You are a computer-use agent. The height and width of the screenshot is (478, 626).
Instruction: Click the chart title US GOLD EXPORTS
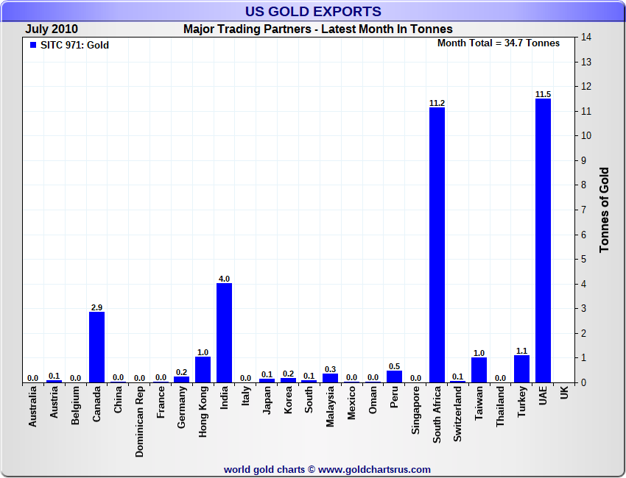click(313, 11)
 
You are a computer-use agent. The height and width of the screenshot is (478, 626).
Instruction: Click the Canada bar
click(96, 346)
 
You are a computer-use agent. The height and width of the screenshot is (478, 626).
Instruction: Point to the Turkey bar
click(521, 368)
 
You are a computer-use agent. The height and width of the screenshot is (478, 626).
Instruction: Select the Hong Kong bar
click(203, 369)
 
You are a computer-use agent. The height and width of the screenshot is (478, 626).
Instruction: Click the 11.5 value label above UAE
click(543, 93)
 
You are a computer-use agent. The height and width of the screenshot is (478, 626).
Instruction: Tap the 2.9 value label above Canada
click(96, 307)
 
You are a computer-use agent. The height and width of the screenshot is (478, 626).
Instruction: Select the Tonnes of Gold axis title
click(604, 210)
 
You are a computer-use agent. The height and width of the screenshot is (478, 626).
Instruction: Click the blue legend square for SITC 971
click(32, 45)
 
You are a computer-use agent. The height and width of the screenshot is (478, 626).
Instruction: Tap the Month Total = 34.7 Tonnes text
click(498, 43)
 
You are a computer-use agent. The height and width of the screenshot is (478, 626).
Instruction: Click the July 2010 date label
click(52, 29)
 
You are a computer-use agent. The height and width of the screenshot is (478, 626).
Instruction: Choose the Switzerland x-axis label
click(458, 415)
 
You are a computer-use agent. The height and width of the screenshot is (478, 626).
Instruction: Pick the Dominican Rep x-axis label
click(139, 422)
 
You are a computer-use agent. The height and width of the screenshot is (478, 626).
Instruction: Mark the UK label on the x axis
click(564, 393)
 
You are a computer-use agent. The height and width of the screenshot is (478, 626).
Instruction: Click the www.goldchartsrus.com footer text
click(375, 469)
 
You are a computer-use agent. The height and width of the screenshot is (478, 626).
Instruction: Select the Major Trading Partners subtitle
click(317, 29)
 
